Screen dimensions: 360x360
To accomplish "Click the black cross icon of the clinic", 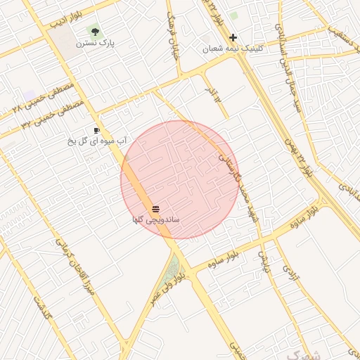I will tap(233, 38).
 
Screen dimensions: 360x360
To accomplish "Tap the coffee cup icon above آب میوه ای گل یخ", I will tap(96, 130).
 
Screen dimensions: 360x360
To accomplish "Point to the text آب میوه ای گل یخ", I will tap(96, 141).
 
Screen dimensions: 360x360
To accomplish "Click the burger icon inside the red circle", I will tap(155, 209).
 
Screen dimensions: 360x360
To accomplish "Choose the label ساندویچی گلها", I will tap(155, 220).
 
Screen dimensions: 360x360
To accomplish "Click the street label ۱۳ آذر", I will tap(212, 95).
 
